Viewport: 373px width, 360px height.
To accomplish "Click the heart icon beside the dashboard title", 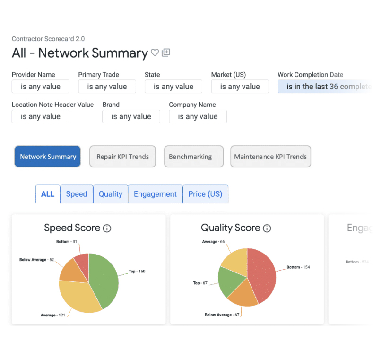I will [155, 53].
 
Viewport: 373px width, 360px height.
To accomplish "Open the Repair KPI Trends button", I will [122, 157].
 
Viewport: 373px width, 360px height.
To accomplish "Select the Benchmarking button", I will [190, 157].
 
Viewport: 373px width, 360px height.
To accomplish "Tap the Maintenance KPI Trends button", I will [270, 157].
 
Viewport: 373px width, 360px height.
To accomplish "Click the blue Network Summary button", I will [48, 157].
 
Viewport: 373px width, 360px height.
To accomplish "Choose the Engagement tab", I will [155, 194].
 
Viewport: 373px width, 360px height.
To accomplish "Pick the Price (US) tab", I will [205, 194].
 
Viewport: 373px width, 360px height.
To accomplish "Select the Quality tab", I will [111, 194].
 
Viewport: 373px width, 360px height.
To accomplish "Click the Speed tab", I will [77, 194].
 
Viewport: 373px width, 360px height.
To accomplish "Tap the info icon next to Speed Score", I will [107, 228].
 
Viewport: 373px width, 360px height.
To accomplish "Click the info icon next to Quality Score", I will [267, 228].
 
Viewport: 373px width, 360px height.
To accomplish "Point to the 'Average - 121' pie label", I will [52, 315].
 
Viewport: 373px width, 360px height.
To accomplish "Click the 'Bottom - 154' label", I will [298, 267].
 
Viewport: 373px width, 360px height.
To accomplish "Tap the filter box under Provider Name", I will [41, 87].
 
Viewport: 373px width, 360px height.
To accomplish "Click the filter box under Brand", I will [131, 116].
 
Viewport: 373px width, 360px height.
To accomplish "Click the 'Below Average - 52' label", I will [36, 260].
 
